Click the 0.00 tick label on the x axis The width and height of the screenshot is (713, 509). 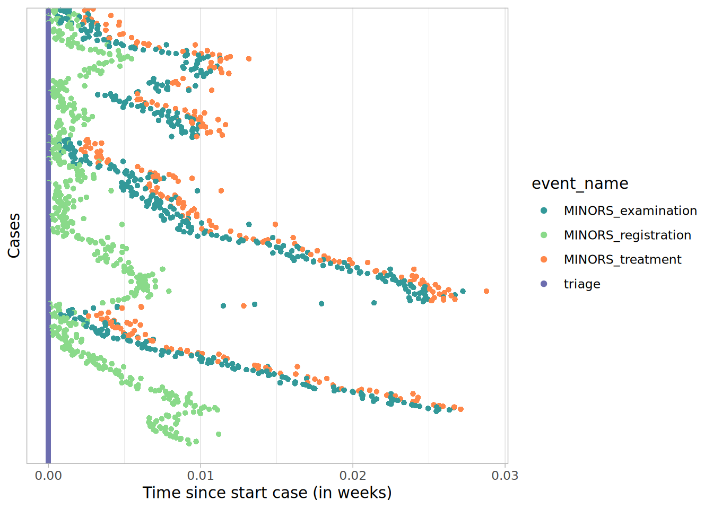click(x=48, y=476)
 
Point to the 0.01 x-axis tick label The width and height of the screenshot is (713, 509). click(x=201, y=476)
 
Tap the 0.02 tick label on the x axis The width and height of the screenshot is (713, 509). click(x=353, y=476)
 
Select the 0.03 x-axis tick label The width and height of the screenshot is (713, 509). click(x=505, y=476)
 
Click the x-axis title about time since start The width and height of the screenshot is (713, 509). click(x=267, y=493)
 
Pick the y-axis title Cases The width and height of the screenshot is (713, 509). click(x=14, y=236)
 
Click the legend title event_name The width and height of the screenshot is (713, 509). click(x=580, y=183)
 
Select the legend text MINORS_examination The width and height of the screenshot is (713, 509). click(x=630, y=210)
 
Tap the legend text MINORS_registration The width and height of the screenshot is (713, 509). click(x=627, y=235)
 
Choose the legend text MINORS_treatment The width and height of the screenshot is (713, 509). click(x=622, y=259)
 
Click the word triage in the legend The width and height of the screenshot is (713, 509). click(x=582, y=284)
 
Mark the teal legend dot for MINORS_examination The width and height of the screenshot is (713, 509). click(x=544, y=210)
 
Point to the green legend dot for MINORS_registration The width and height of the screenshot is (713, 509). click(x=544, y=235)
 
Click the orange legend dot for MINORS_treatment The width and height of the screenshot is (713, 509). click(x=544, y=259)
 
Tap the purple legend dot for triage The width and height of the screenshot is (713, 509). click(x=544, y=284)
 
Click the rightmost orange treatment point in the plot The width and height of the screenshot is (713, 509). click(x=486, y=291)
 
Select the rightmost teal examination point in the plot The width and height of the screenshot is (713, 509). click(x=463, y=291)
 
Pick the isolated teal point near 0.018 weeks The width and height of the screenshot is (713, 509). click(x=321, y=304)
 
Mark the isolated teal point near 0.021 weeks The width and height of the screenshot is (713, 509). click(x=374, y=303)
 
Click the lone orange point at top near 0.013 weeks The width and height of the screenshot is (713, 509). click(x=249, y=59)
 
